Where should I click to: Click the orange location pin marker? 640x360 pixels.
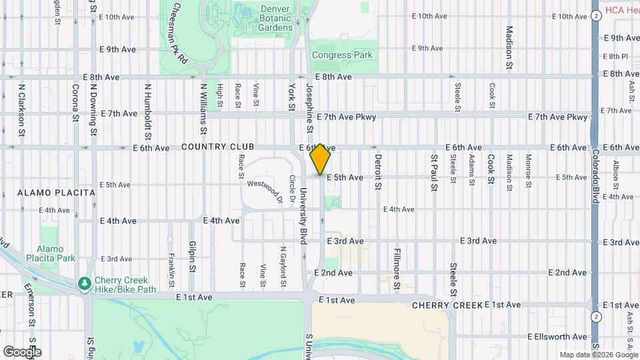click(x=321, y=159)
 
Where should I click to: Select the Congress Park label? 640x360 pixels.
click(x=342, y=55)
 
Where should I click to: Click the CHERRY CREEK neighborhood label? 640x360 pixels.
click(x=447, y=305)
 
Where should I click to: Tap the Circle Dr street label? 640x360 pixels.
click(x=292, y=191)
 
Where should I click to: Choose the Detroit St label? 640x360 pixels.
click(x=377, y=172)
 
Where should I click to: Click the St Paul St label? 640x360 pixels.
click(x=433, y=172)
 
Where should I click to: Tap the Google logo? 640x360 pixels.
click(x=21, y=351)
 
